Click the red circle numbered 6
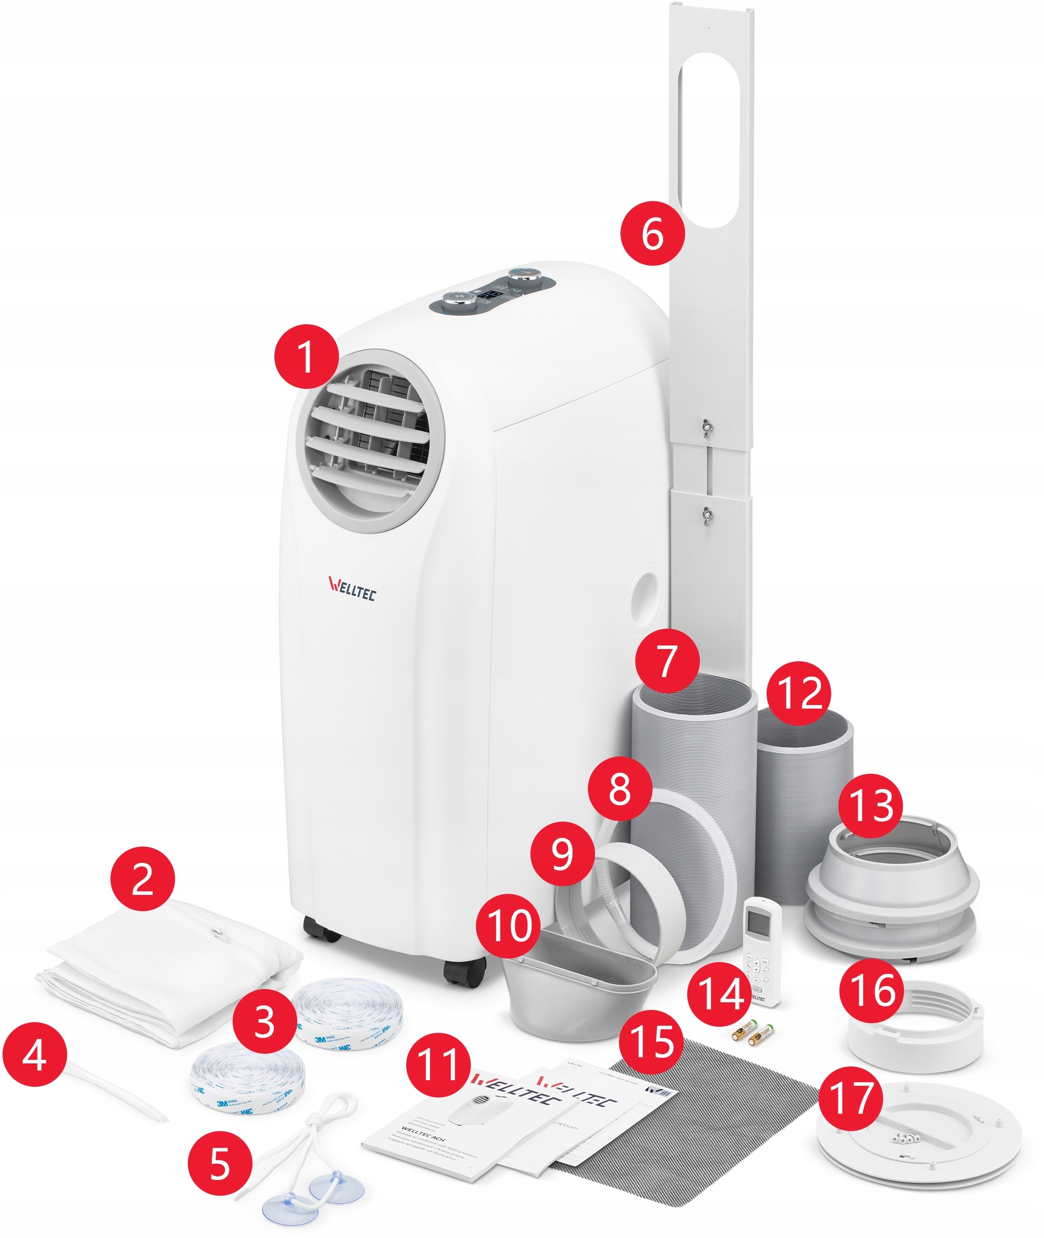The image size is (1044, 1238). point(652,234)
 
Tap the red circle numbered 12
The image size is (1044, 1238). point(798,693)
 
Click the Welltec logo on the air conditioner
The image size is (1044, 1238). point(352,589)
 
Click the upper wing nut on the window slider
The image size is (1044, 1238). point(706,427)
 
